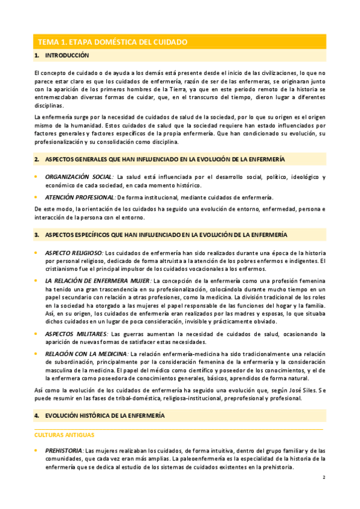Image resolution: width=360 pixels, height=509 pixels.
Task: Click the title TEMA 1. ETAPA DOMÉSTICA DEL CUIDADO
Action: pos(113,42)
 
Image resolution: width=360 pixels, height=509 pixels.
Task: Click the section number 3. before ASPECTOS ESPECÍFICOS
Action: pos(37,234)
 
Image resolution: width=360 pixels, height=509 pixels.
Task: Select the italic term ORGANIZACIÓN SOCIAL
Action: pos(79,177)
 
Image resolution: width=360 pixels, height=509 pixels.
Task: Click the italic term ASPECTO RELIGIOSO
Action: pos(74,252)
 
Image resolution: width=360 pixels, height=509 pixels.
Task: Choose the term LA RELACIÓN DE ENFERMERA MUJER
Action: pos(98,280)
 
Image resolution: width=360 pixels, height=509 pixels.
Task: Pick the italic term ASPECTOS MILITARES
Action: pos(76,333)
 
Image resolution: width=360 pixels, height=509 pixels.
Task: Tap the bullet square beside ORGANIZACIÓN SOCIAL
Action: pos(36,177)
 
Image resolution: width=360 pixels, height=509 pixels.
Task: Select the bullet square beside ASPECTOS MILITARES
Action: pos(36,333)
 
